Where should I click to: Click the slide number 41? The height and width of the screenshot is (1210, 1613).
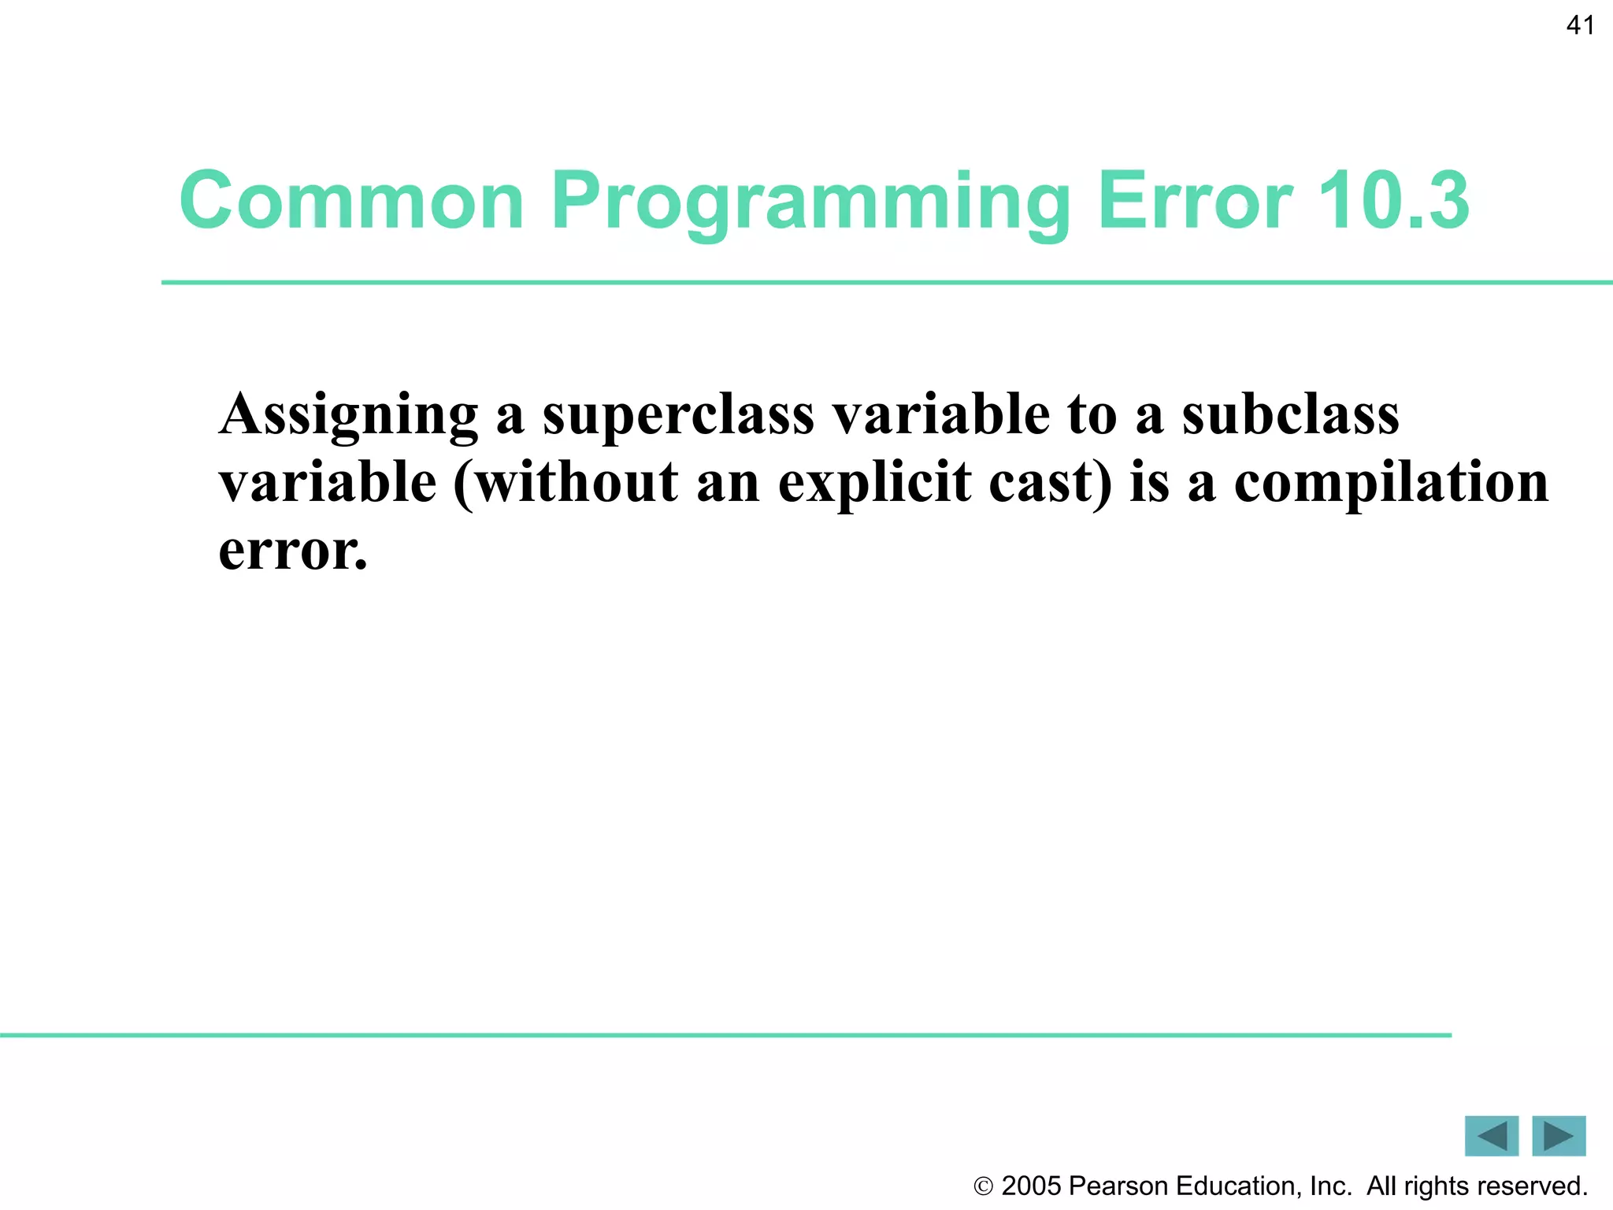(x=1580, y=26)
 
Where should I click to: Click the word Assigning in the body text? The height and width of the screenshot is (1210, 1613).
(x=348, y=415)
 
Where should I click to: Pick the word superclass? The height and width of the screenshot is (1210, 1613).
(x=678, y=415)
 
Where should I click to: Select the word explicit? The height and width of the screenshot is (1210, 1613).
(x=874, y=482)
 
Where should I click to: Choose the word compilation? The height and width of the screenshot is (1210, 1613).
(x=1391, y=482)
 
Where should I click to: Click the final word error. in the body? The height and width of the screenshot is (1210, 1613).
(x=293, y=550)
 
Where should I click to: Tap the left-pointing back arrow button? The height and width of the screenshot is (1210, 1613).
(x=1491, y=1136)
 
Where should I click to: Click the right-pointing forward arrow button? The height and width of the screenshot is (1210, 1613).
(x=1559, y=1136)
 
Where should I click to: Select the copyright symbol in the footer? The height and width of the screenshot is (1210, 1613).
(x=984, y=1186)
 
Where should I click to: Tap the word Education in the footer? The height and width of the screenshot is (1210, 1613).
(x=1238, y=1186)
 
